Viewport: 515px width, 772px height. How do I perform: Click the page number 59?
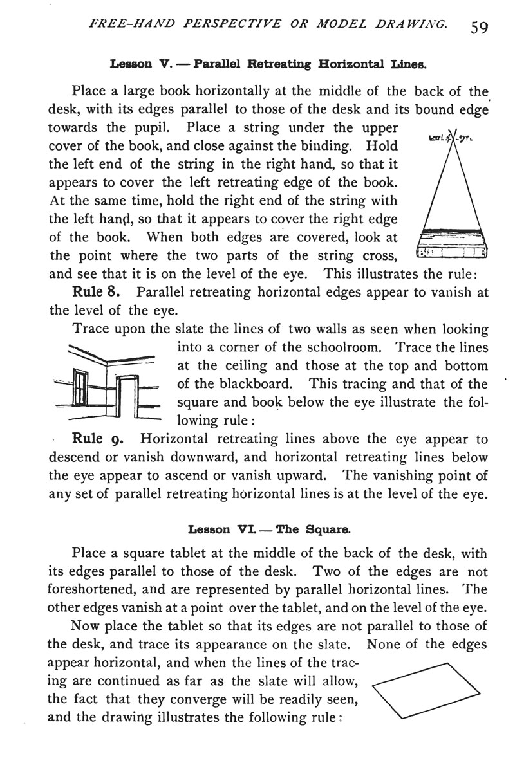[x=480, y=27]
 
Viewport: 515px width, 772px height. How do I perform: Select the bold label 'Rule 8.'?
[x=99, y=291]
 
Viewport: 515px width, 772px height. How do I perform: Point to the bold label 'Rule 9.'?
[x=99, y=440]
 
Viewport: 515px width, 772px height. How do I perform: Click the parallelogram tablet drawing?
[x=427, y=689]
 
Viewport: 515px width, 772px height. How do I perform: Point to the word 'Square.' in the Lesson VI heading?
[x=330, y=530]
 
